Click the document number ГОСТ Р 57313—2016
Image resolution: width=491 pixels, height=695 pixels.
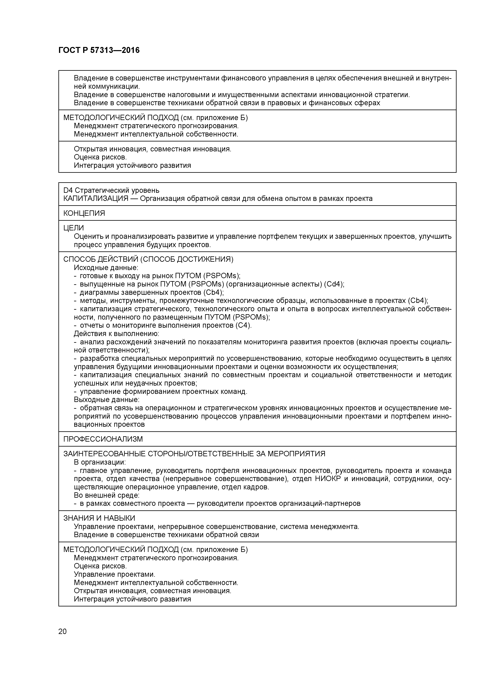99,50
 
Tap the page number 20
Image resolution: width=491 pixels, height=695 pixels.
62,631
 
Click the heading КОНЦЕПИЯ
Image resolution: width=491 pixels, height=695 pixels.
84,213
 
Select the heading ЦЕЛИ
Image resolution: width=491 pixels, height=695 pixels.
73,228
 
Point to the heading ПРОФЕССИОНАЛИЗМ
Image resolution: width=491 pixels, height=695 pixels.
103,439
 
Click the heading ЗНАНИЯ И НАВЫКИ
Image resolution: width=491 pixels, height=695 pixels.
99,518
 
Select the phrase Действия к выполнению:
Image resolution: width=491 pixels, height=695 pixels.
116,334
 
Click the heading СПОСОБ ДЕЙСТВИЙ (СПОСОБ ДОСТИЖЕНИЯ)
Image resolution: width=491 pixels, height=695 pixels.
148,259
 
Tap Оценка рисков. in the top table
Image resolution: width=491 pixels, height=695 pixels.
100,157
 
